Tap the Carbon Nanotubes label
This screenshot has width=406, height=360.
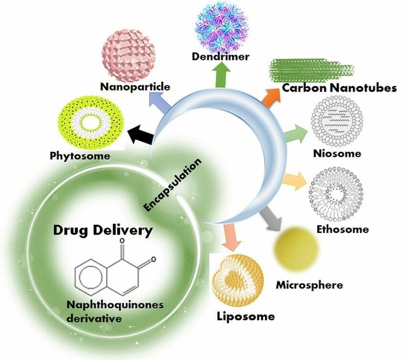[x=339, y=88]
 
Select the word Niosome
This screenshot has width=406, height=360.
[x=337, y=153]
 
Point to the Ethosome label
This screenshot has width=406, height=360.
[x=343, y=229]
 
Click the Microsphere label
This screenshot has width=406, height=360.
[x=310, y=285]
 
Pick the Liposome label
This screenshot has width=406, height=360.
[x=246, y=316]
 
